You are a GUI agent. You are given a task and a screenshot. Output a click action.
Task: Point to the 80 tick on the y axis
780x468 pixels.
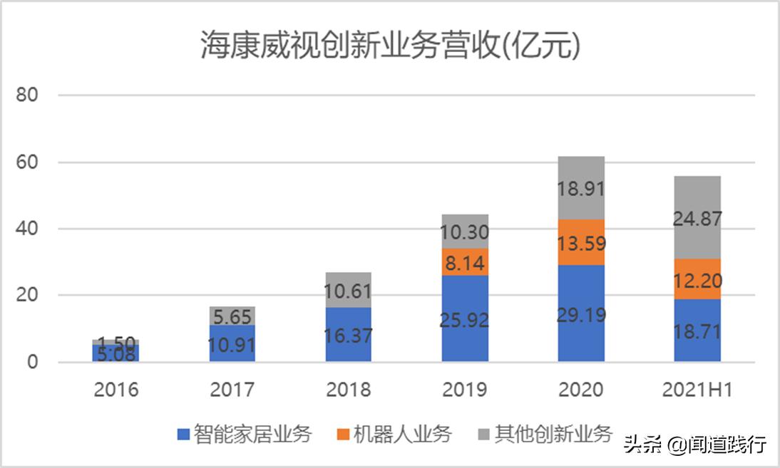(28, 95)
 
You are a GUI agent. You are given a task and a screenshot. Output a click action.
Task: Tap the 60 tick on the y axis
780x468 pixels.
(28, 162)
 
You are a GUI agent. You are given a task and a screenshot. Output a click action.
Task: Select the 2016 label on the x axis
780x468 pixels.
(116, 390)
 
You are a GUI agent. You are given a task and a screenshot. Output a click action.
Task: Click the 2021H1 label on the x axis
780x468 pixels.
(697, 390)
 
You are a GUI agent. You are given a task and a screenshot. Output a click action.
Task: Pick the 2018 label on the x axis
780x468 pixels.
(348, 390)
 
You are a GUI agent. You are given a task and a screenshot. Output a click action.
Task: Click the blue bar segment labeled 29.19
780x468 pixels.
(581, 313)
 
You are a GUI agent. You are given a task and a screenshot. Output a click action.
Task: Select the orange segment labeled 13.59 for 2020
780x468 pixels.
(581, 242)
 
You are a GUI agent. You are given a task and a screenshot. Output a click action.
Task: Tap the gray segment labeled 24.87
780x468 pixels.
(697, 217)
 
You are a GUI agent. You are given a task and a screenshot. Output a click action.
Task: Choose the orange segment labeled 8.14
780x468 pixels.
(465, 261)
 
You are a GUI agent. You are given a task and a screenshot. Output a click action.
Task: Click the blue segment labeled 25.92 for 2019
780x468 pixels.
(465, 318)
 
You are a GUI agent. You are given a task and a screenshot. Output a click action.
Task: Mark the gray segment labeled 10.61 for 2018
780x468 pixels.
(348, 290)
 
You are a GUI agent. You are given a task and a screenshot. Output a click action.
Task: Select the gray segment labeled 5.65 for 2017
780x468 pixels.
(232, 316)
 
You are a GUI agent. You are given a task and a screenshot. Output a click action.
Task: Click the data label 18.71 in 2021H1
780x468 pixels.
(697, 333)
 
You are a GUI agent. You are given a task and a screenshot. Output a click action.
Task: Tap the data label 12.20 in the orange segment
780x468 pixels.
(697, 281)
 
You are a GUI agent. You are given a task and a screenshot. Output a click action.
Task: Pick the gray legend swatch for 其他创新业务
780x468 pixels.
(483, 434)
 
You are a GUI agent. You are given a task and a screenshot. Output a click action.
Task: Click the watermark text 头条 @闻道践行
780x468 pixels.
(695, 445)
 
